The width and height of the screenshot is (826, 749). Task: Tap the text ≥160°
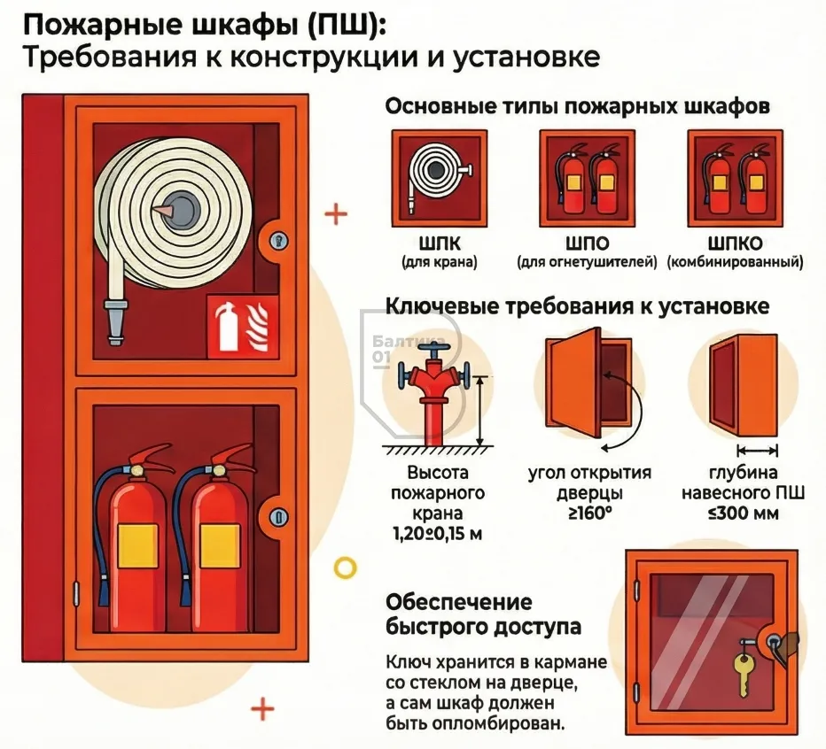coord(589,513)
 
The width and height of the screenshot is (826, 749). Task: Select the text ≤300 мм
coord(743,513)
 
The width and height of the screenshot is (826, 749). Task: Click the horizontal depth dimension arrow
coord(757,449)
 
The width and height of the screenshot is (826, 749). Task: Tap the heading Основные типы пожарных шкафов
coord(577,107)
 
